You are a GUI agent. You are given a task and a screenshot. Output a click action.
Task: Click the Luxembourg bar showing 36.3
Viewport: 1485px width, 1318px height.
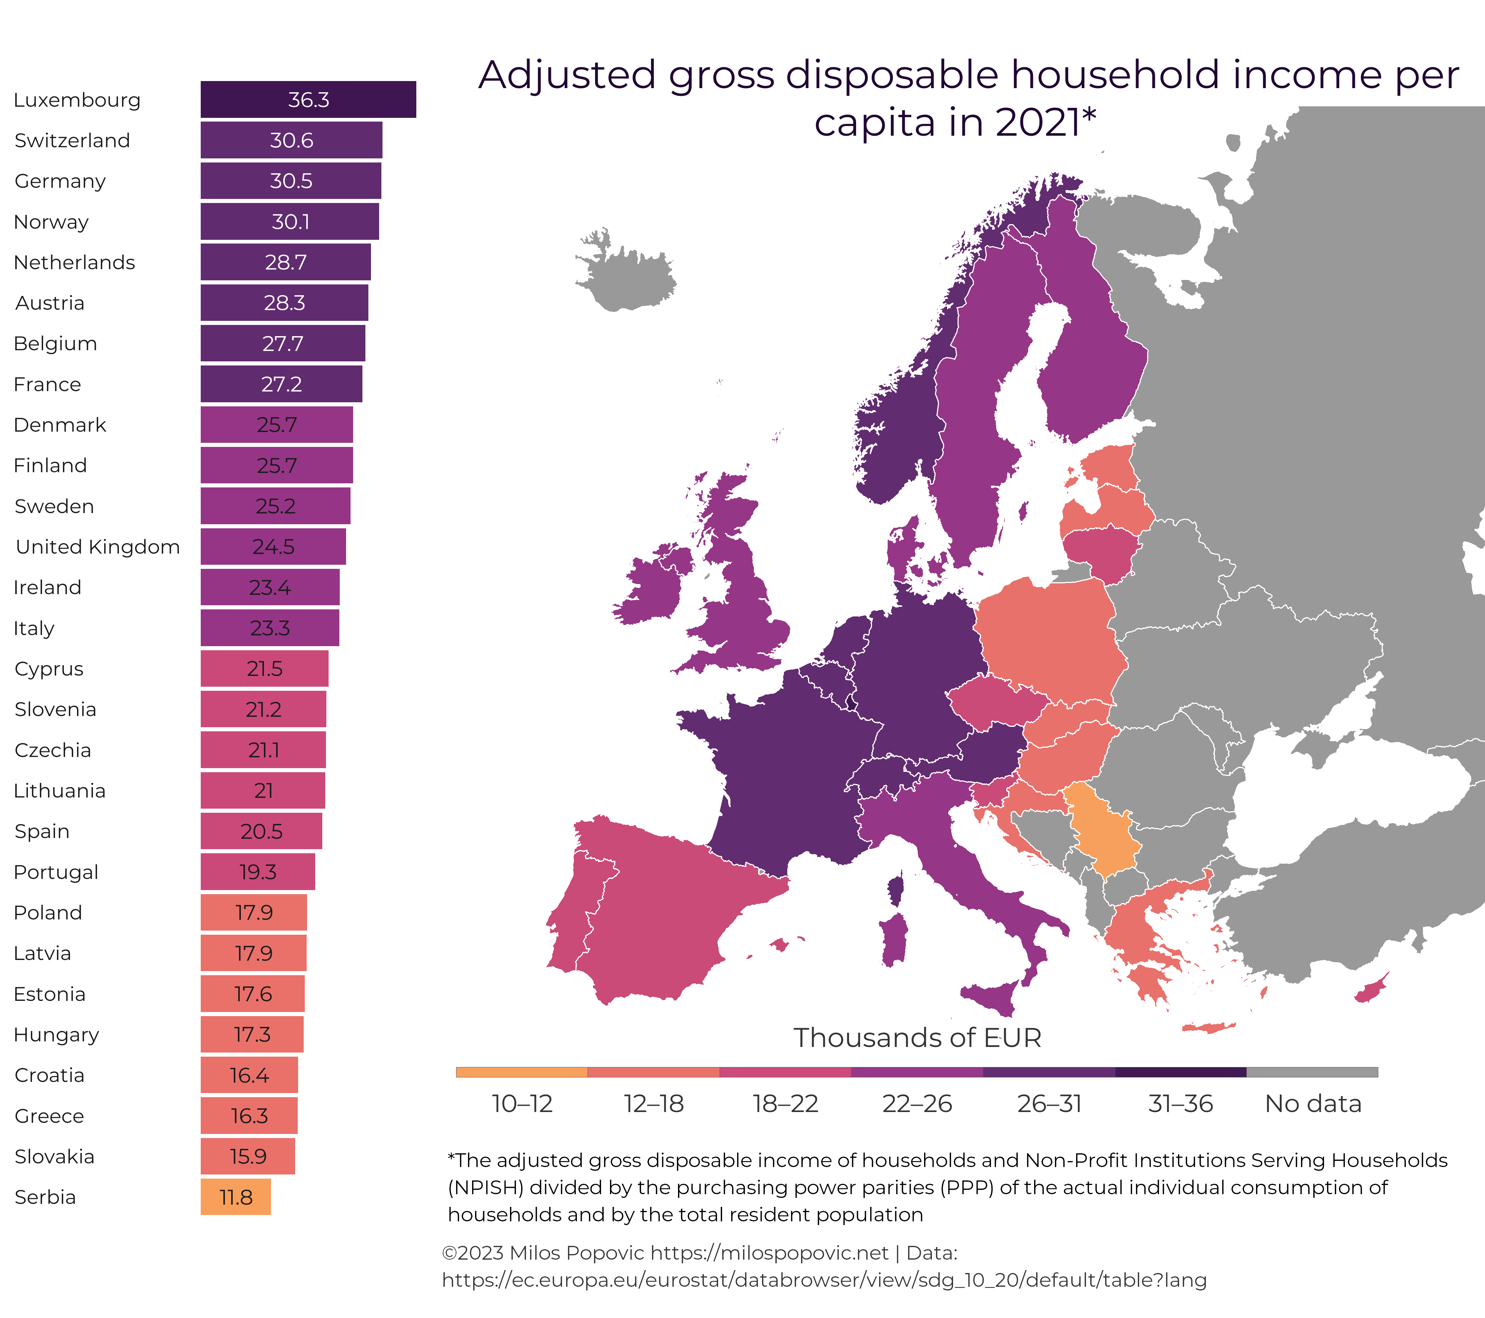click(308, 100)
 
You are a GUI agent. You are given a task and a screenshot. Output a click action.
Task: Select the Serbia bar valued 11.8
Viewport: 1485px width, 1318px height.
click(235, 1197)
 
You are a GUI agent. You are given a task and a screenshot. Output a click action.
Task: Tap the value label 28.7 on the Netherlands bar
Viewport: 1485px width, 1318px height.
click(285, 262)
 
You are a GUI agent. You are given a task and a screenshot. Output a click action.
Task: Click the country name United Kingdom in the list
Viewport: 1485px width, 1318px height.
click(97, 547)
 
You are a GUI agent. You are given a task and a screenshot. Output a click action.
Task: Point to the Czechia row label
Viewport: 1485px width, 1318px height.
click(53, 750)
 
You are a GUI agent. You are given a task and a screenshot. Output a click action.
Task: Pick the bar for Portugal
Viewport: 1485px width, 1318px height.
click(258, 872)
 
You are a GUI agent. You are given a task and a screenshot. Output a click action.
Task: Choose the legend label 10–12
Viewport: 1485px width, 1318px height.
click(522, 1103)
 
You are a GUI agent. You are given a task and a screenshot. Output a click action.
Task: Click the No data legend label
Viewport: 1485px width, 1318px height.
click(1312, 1103)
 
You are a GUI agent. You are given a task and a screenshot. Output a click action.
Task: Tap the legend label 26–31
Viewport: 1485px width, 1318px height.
click(1048, 1103)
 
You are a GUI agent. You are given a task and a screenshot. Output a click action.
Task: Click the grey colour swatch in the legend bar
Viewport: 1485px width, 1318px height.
click(1311, 1072)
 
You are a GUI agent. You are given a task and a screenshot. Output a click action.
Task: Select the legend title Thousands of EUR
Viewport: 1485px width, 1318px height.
click(917, 1038)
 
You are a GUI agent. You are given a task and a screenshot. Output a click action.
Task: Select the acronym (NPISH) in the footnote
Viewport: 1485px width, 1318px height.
click(484, 1187)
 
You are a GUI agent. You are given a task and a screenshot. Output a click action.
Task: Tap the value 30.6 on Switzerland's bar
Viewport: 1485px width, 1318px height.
click(291, 140)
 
